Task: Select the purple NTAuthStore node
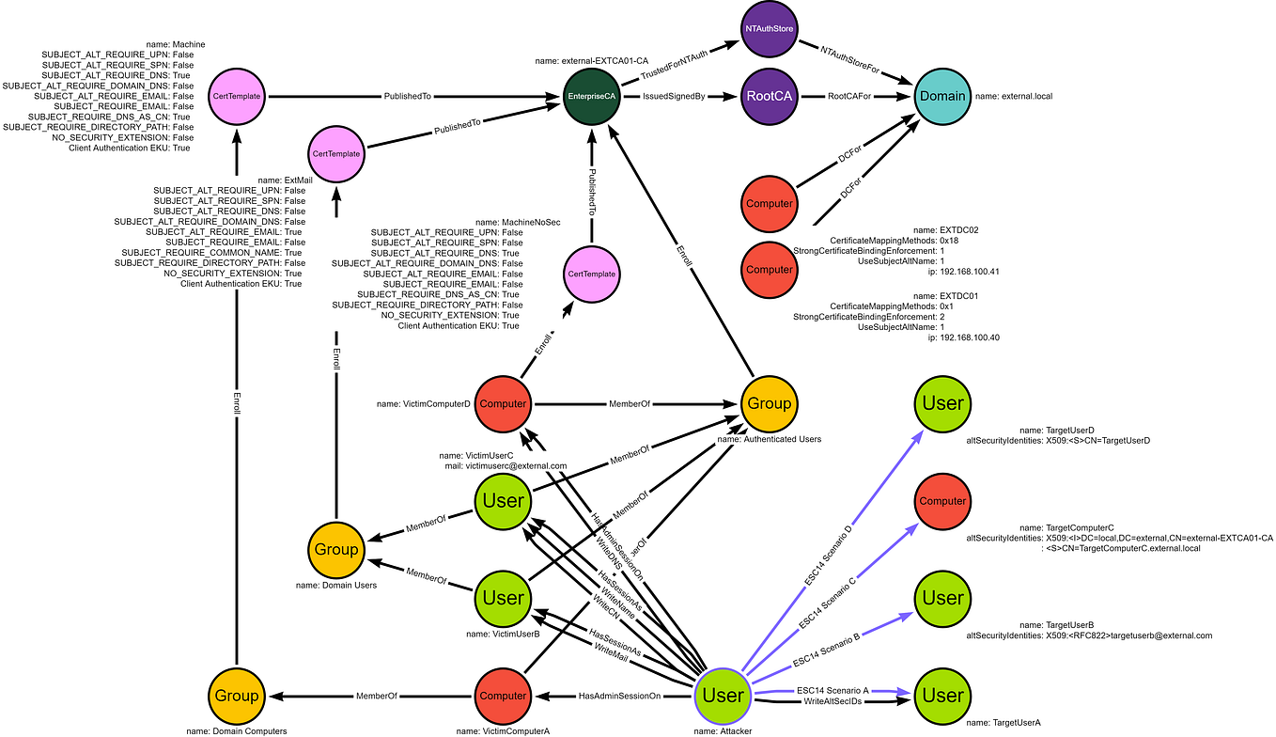[x=769, y=29]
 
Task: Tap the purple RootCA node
[x=769, y=96]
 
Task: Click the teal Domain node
[x=942, y=96]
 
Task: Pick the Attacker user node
[x=723, y=696]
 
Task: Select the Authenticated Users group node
[x=769, y=403]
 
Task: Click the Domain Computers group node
[x=235, y=696]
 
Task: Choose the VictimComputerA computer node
[x=503, y=696]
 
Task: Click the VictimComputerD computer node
[x=503, y=403]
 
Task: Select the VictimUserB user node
[x=503, y=598]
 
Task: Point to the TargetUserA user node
[x=942, y=696]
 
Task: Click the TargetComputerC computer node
[x=942, y=501]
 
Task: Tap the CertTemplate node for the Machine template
[x=235, y=96]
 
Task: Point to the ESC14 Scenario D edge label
[x=829, y=554]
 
